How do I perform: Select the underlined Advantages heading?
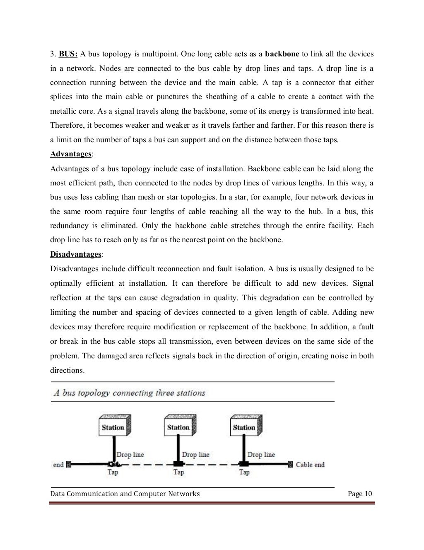point(71,154)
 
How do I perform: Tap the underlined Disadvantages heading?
point(76,254)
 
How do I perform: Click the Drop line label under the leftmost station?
point(130,455)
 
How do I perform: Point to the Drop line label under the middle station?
point(195,455)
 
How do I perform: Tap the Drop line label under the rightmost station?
point(261,455)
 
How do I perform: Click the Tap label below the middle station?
point(178,472)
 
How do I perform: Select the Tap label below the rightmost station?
point(244,472)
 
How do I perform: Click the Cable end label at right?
point(310,465)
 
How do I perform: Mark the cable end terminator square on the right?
point(290,465)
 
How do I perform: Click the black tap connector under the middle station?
point(178,464)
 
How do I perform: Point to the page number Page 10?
point(360,494)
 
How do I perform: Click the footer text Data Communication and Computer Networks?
point(125,494)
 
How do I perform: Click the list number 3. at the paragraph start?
point(53,54)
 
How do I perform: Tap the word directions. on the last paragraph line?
point(67,370)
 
